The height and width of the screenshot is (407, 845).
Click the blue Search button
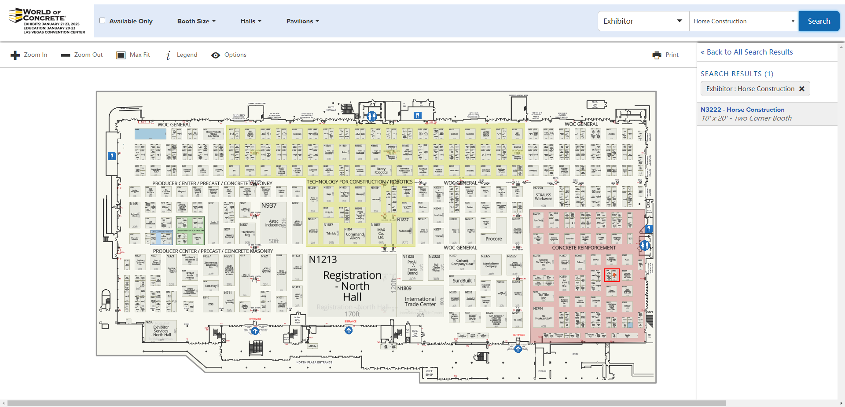click(819, 21)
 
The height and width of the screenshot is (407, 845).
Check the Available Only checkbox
click(103, 21)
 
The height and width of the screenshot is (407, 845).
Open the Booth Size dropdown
click(196, 21)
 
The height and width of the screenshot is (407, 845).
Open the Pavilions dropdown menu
click(302, 21)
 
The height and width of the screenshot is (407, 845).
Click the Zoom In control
click(29, 55)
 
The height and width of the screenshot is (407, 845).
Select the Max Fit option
click(133, 55)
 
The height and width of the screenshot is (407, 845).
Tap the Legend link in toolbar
click(181, 55)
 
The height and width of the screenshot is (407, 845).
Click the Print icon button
click(657, 55)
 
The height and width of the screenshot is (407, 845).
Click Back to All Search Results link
click(746, 52)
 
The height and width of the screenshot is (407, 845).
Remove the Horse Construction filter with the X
click(802, 89)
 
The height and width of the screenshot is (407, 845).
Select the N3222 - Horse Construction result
click(742, 110)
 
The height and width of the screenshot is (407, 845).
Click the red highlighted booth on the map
click(612, 275)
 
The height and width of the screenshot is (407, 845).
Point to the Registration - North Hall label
click(352, 286)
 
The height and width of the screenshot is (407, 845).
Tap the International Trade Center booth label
click(420, 301)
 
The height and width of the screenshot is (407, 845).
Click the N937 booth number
click(269, 205)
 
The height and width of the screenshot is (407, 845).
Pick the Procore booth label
click(493, 239)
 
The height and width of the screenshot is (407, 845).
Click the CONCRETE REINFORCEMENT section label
click(584, 248)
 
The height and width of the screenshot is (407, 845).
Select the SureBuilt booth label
click(462, 281)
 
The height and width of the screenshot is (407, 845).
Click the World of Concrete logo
click(47, 21)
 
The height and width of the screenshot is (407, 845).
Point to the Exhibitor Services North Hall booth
click(162, 331)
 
